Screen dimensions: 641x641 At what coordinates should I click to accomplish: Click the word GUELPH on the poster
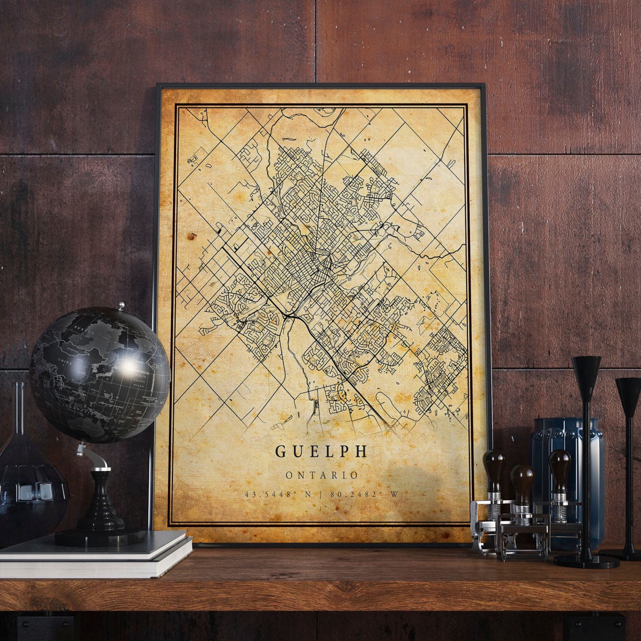tap(321, 451)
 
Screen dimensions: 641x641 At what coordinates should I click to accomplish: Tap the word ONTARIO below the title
tap(322, 476)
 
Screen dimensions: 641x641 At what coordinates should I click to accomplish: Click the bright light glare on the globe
tap(130, 365)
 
